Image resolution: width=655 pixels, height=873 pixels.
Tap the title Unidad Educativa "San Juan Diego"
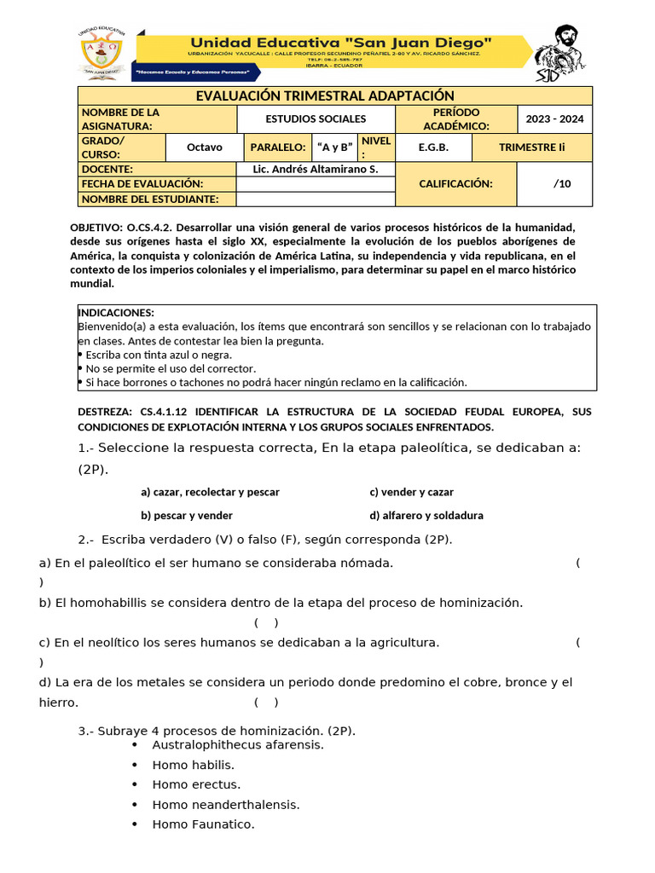[x=340, y=43]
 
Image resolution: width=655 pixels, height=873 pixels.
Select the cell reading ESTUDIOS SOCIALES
[x=316, y=119]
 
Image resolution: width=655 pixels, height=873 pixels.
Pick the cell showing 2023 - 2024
[x=554, y=119]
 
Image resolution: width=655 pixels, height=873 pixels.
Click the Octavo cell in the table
[x=204, y=147]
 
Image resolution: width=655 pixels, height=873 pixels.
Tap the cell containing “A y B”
[x=334, y=147]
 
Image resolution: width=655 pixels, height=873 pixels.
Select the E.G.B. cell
[x=433, y=147]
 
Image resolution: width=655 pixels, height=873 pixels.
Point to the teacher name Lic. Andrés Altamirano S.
[x=316, y=169]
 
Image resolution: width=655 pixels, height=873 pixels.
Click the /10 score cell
[x=561, y=183]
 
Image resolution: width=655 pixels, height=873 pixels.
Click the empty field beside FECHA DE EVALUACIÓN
[x=316, y=184]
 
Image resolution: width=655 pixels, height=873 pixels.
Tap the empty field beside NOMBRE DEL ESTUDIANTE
[x=316, y=199]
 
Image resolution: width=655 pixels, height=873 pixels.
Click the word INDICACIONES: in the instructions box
[x=116, y=313]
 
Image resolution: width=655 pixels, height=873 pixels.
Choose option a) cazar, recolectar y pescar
[x=210, y=493]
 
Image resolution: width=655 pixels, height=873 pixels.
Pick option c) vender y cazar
[x=411, y=493]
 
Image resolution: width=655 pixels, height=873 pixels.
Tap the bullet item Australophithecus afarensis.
[x=226, y=745]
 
